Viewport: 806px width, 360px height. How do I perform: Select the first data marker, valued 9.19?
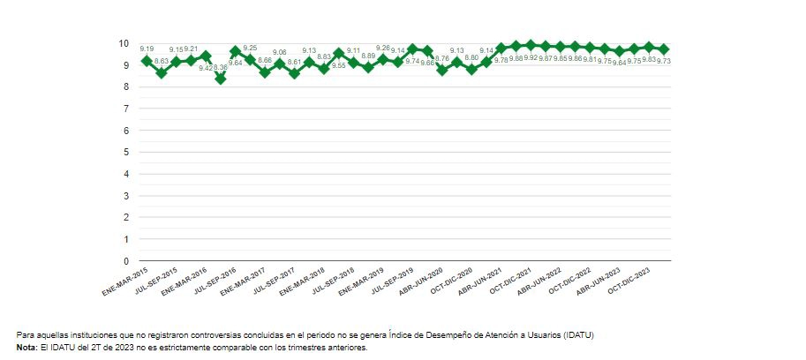point(147,61)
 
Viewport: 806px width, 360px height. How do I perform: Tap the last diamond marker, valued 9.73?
point(664,49)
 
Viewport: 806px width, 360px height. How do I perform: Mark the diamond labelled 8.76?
point(442,70)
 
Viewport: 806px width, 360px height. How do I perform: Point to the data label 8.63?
point(162,61)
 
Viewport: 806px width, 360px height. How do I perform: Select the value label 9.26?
point(383,48)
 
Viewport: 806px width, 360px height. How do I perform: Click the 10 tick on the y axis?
point(125,44)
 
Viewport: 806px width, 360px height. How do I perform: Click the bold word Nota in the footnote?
point(26,348)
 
